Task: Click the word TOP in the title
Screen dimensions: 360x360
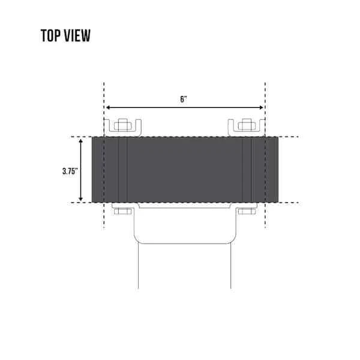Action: pyautogui.click(x=50, y=35)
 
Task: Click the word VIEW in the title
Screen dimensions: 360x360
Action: pyautogui.click(x=77, y=35)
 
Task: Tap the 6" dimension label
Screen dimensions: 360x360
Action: pyautogui.click(x=184, y=100)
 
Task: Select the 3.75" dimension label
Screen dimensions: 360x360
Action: pyautogui.click(x=70, y=171)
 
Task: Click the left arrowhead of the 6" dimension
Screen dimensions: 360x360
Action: pyautogui.click(x=107, y=107)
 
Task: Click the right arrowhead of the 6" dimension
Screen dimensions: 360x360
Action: pyautogui.click(x=261, y=107)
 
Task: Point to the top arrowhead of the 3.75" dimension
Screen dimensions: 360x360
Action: pyautogui.click(x=80, y=141)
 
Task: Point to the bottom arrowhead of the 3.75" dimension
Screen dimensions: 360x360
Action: pyautogui.click(x=80, y=199)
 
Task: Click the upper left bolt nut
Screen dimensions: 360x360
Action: pyautogui.click(x=123, y=125)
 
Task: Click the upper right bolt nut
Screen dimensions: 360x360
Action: pyautogui.click(x=247, y=125)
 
